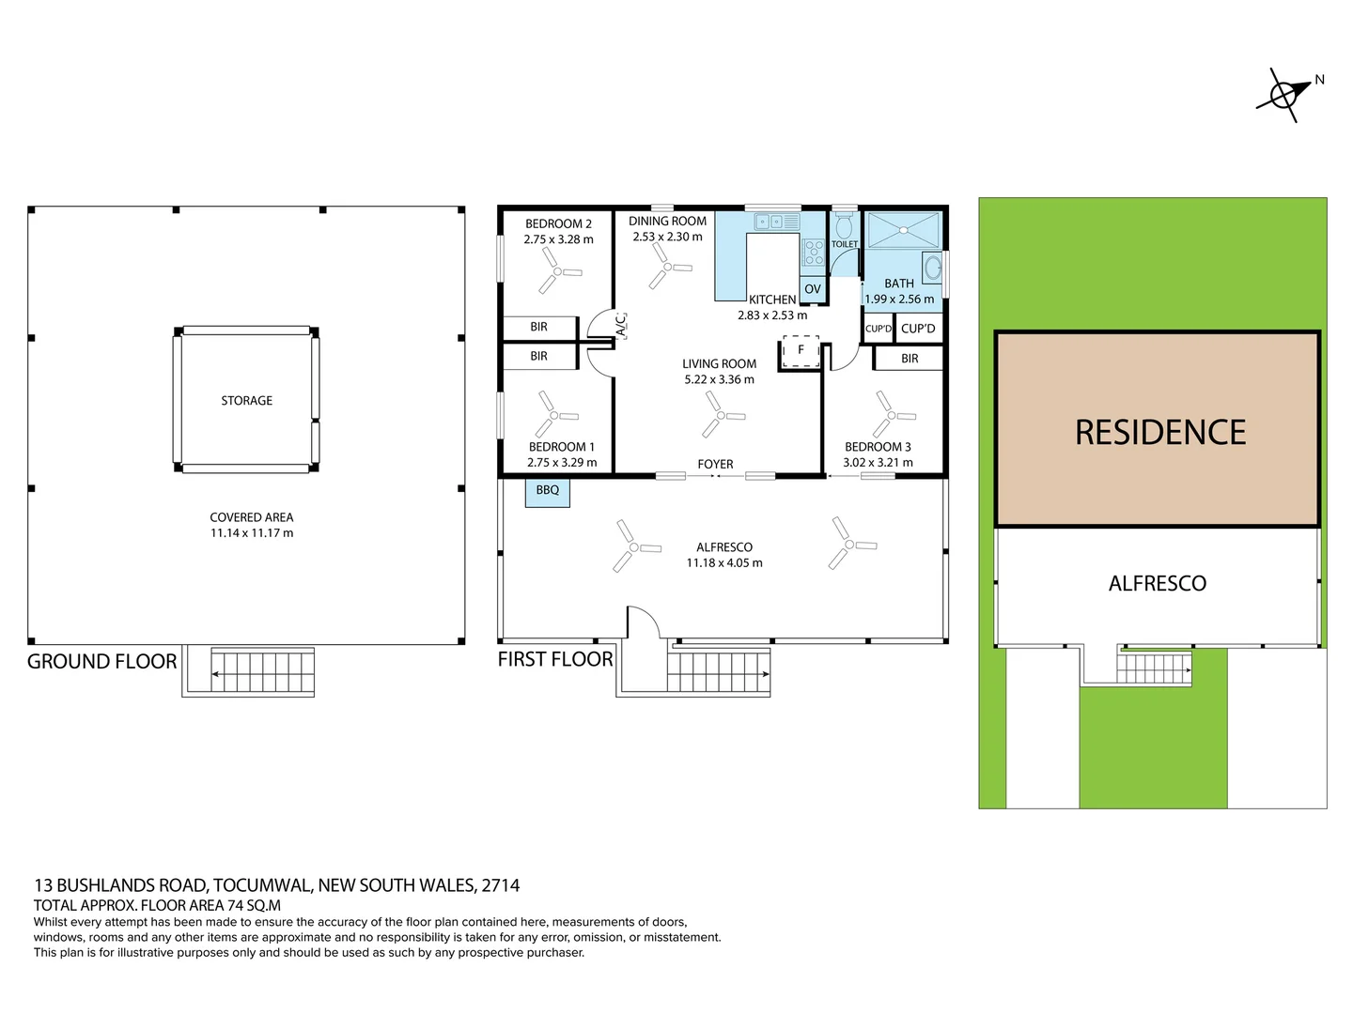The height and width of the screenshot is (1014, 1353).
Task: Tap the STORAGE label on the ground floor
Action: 246,401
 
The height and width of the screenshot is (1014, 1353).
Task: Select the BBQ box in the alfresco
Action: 548,491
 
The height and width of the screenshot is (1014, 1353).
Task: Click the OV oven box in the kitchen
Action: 813,289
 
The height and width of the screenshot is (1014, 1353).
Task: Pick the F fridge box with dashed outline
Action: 801,350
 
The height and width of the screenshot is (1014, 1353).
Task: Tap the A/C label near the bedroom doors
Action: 621,325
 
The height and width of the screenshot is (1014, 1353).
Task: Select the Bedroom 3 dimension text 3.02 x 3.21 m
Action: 878,463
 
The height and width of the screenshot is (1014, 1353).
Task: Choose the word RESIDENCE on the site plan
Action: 1159,432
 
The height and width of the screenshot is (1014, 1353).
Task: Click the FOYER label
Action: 715,464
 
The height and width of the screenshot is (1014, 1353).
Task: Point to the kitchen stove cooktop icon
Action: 813,253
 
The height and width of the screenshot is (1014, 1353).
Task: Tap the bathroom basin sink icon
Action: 932,268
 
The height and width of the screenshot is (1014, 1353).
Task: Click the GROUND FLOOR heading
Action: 101,662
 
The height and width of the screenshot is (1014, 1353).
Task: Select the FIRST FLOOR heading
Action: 554,660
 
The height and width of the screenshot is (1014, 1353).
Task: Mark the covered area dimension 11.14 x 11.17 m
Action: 252,533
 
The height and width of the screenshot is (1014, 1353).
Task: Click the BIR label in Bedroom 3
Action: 910,359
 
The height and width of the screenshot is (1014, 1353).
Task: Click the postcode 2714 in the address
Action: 500,885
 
